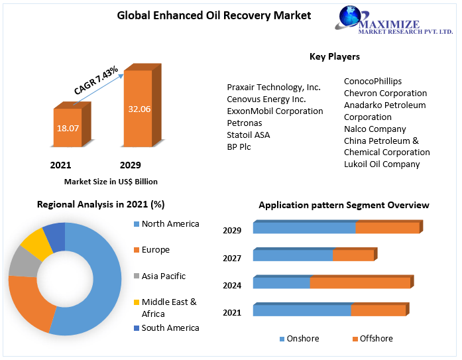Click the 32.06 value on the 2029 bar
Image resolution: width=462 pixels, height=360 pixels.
pyautogui.click(x=139, y=109)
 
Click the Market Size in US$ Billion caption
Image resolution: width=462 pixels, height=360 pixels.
pyautogui.click(x=111, y=181)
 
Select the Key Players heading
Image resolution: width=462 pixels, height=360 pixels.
pyautogui.click(x=334, y=56)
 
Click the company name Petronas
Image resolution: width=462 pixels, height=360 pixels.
pyautogui.click(x=244, y=123)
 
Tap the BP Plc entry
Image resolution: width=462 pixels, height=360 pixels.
pyautogui.click(x=239, y=147)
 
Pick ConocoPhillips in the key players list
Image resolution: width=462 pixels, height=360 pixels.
pyautogui.click(x=373, y=81)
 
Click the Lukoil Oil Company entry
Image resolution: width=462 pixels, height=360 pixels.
pyautogui.click(x=381, y=164)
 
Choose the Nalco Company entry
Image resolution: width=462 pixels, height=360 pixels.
pyautogui.click(x=375, y=129)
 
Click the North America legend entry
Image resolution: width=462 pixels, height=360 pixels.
pyautogui.click(x=170, y=224)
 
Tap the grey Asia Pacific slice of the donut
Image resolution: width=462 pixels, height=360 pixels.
pyautogui.click(x=23, y=263)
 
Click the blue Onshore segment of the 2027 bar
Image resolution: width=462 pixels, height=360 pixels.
pyautogui.click(x=292, y=255)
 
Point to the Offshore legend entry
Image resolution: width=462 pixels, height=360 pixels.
pyautogui.click(x=376, y=339)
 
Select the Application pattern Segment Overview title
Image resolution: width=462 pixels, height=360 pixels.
pyautogui.click(x=343, y=205)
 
